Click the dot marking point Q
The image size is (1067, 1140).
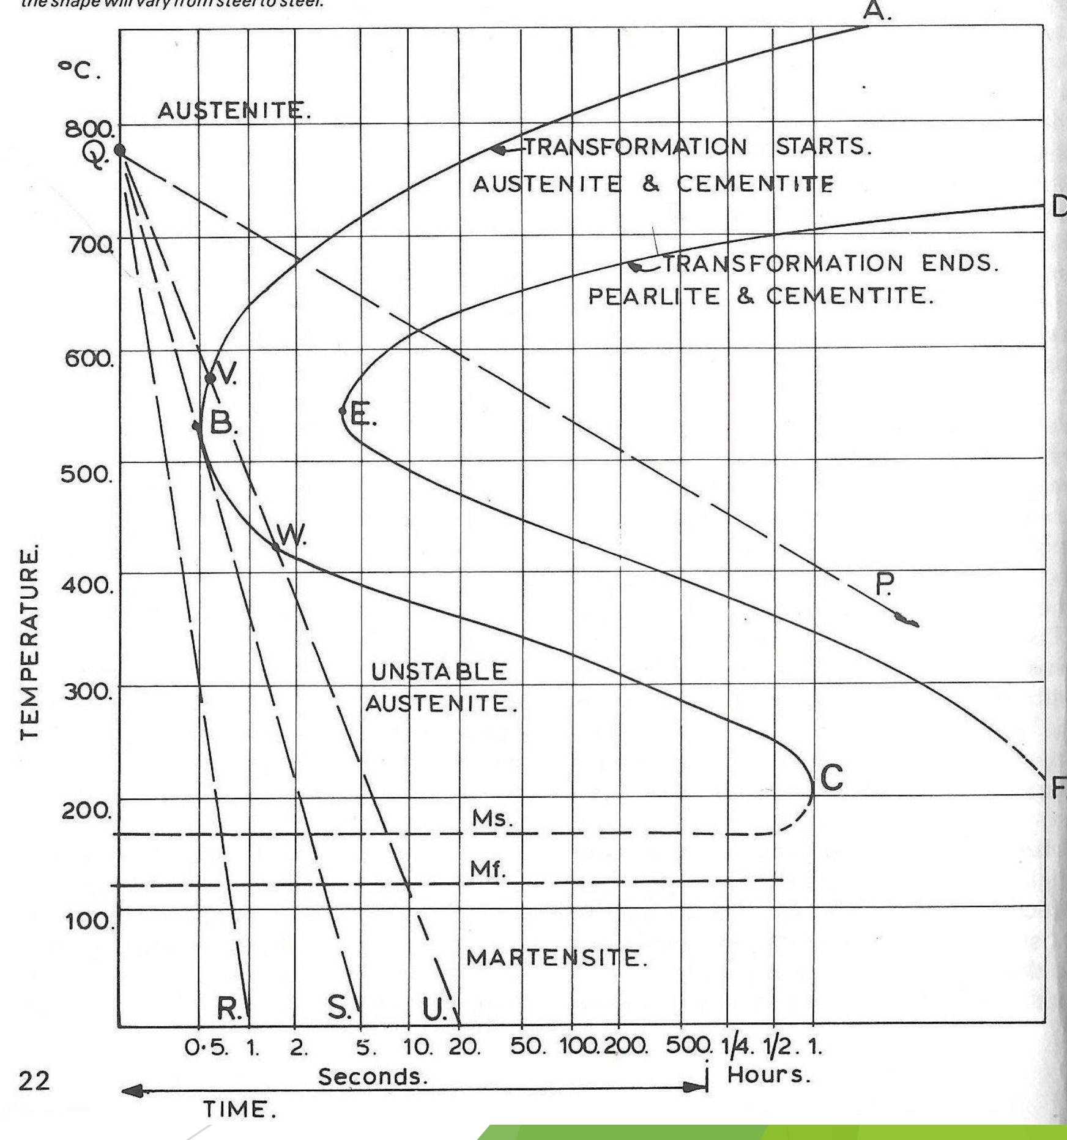(x=120, y=151)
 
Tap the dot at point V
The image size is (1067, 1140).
(x=210, y=378)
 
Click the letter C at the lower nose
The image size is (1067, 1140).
(x=831, y=779)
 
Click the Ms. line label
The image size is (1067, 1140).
(x=491, y=819)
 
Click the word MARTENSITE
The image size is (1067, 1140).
(x=556, y=958)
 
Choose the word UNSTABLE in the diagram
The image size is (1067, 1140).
(x=439, y=672)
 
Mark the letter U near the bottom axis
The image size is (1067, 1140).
(x=434, y=1010)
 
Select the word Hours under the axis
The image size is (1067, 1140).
(x=768, y=1074)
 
